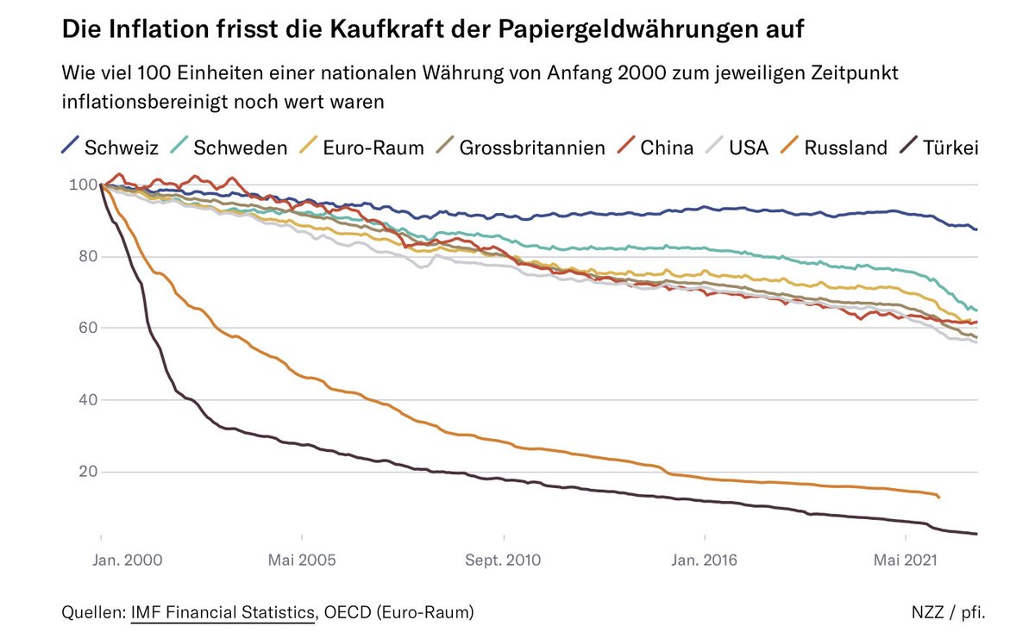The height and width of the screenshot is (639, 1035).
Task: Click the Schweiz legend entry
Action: (x=110, y=147)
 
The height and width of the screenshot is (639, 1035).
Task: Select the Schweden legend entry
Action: (x=229, y=147)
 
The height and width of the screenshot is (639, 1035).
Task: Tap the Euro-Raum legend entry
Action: (x=361, y=147)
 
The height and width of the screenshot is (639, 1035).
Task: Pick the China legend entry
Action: (x=655, y=147)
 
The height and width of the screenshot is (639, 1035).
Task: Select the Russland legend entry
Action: (x=833, y=147)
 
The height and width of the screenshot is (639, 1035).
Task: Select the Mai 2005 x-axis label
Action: (x=302, y=560)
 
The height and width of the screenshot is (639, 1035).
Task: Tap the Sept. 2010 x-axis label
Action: (x=503, y=560)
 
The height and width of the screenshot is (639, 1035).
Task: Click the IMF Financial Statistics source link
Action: (x=223, y=613)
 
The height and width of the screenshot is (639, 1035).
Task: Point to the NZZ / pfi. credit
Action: (x=947, y=613)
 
